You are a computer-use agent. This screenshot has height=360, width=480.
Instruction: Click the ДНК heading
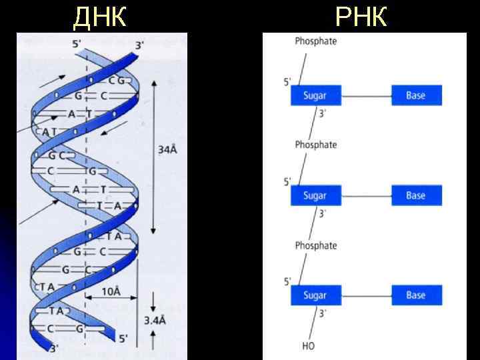(99, 17)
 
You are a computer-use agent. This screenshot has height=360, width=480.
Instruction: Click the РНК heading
(361, 17)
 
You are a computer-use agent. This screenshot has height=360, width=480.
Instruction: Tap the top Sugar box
(315, 95)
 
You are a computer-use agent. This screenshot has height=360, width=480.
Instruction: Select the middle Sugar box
(315, 195)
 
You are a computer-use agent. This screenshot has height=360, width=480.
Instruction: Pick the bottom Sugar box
(315, 295)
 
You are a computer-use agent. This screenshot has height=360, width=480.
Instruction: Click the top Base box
(416, 95)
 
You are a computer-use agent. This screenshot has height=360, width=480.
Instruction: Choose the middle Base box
(416, 195)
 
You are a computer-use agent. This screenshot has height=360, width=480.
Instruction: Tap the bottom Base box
(416, 295)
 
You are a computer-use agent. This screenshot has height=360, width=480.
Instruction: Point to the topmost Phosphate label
(316, 41)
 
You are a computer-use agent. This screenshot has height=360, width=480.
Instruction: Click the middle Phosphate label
(316, 145)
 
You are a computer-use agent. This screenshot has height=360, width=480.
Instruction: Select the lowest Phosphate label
(316, 246)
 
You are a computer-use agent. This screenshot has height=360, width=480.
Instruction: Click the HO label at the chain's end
(308, 346)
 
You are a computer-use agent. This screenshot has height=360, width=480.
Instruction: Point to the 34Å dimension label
(167, 150)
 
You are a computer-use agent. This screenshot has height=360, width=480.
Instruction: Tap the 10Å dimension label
(111, 292)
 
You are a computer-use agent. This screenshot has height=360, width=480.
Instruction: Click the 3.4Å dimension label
(155, 321)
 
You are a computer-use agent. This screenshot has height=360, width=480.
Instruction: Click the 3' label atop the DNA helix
(139, 45)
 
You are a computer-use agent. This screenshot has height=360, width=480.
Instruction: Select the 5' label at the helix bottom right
(123, 339)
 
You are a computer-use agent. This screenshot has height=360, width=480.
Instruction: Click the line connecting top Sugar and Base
(366, 95)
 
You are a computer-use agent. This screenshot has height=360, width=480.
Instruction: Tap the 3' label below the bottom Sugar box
(323, 313)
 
